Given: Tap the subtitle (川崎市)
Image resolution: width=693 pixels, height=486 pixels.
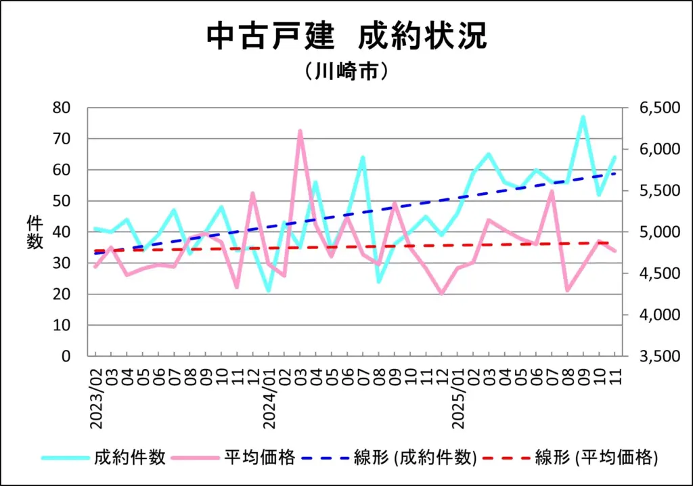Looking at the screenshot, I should (x=346, y=72).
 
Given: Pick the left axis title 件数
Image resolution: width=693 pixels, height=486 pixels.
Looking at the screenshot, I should (x=35, y=232).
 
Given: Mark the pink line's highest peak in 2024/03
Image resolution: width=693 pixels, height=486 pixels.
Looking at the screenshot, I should (x=300, y=131).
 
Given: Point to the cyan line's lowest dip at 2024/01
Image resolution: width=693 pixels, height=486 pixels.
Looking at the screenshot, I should (x=269, y=291).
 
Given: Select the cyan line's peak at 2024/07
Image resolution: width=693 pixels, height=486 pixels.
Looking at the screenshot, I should (x=363, y=158).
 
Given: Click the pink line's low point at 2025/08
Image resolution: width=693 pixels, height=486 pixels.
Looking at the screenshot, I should (x=567, y=290).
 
